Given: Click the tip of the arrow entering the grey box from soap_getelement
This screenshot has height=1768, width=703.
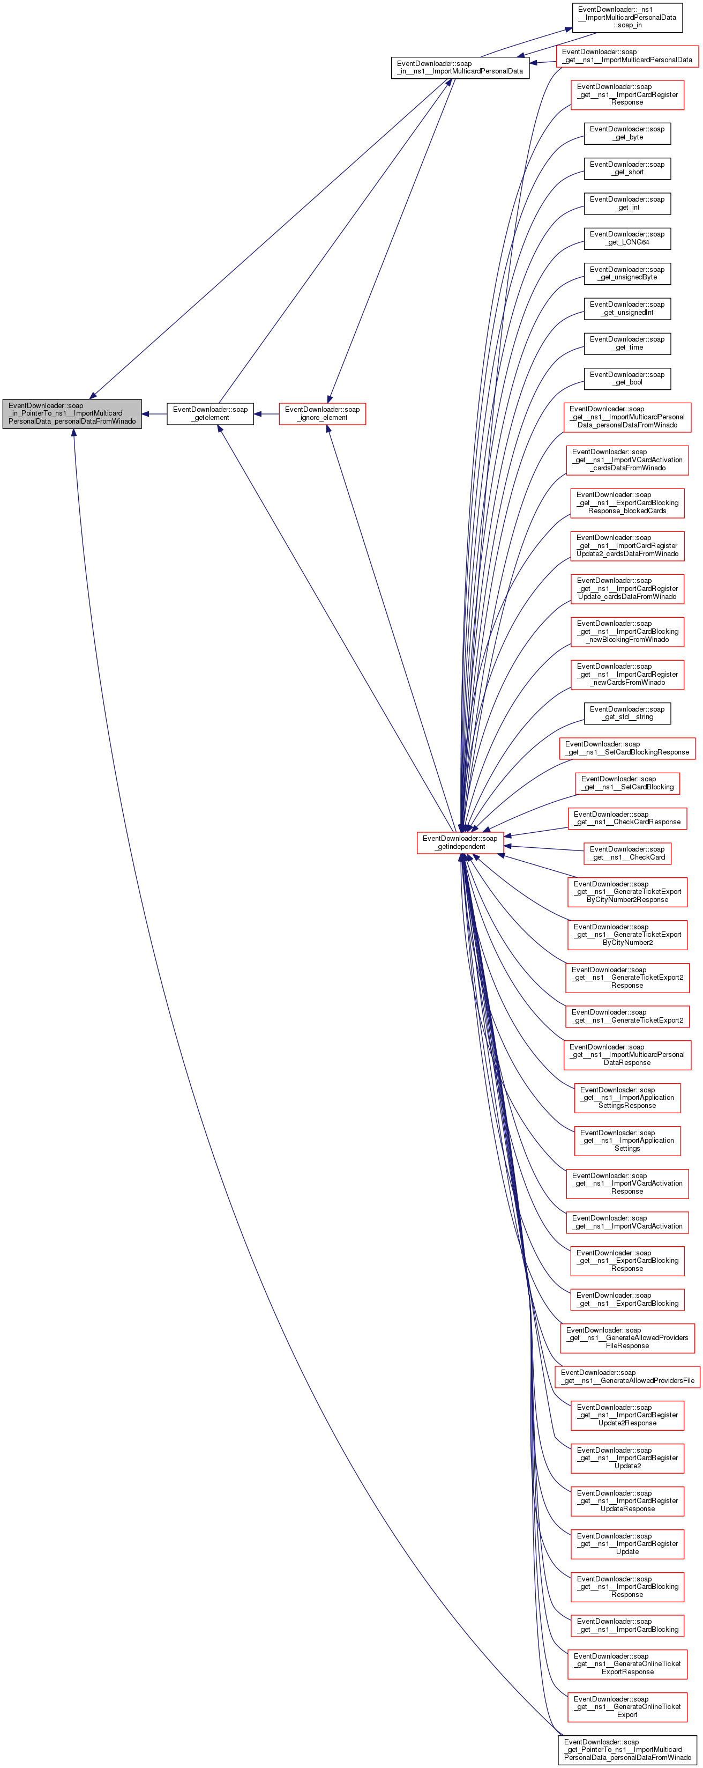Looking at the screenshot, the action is (142, 414).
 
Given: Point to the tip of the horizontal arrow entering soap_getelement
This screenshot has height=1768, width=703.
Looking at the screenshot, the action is (254, 414).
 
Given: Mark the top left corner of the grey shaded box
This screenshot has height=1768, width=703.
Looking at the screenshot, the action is (3, 400).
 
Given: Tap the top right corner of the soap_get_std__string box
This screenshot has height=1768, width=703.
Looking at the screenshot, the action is (671, 704).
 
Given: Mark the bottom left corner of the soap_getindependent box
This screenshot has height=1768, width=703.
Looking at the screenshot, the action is (417, 854).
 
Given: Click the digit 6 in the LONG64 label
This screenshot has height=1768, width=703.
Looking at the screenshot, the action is (641, 242).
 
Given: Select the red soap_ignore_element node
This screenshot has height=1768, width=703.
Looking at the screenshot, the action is (323, 414).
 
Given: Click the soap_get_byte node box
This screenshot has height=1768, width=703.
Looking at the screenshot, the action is (627, 133).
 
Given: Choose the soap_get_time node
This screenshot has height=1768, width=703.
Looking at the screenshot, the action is (627, 344).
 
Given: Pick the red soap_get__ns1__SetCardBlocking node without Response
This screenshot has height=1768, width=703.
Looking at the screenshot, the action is (627, 783).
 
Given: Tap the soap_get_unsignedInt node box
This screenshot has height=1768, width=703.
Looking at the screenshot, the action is (627, 309).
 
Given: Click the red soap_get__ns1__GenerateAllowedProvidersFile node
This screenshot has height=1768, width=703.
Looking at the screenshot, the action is (627, 1377).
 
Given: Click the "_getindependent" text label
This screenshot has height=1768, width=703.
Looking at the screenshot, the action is (460, 847).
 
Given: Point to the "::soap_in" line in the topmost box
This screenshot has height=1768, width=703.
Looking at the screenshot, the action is (627, 25).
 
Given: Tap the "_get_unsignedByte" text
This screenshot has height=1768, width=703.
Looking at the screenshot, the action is (627, 277).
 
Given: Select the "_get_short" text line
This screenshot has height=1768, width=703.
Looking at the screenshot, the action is (627, 172).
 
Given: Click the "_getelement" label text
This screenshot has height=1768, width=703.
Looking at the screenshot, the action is (211, 418).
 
